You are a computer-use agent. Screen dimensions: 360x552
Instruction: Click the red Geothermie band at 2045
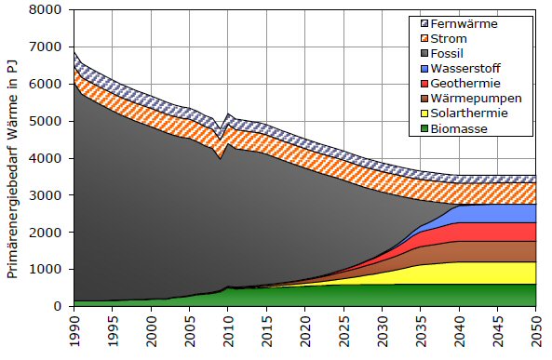point(497,232)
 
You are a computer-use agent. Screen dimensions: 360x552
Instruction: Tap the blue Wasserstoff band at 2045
point(497,213)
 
